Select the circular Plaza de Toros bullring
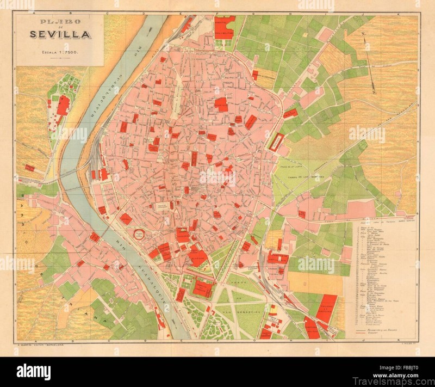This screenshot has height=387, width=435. pos(140,234)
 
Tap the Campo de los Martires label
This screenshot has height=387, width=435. pos(310,176)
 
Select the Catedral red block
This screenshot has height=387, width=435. pos(183,235)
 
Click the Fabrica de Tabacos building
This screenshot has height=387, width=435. pos(202,288)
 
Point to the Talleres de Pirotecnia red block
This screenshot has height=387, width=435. pos(327,308)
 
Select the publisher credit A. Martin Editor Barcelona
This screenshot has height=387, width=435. pos(38,345)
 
